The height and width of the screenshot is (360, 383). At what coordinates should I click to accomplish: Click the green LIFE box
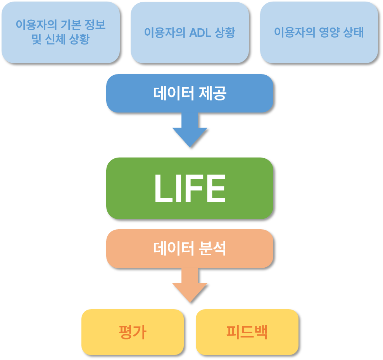(x=190, y=188)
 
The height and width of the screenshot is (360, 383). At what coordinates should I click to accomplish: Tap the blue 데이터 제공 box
(x=190, y=93)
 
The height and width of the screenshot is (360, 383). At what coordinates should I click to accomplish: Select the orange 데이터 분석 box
(x=190, y=248)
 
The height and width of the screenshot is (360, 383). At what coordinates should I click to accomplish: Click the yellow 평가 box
(x=132, y=332)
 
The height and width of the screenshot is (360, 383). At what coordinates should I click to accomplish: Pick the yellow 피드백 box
(x=247, y=332)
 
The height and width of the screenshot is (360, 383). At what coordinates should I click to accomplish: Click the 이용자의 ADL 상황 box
(x=190, y=32)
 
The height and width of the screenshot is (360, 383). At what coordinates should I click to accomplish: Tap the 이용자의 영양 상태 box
(x=319, y=32)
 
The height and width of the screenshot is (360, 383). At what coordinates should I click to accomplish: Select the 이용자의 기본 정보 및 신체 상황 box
(x=60, y=32)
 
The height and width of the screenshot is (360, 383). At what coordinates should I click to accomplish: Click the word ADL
(x=200, y=33)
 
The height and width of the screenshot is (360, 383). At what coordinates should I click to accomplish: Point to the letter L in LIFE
(x=163, y=189)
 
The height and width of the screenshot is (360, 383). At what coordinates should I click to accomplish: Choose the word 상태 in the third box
(x=354, y=32)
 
